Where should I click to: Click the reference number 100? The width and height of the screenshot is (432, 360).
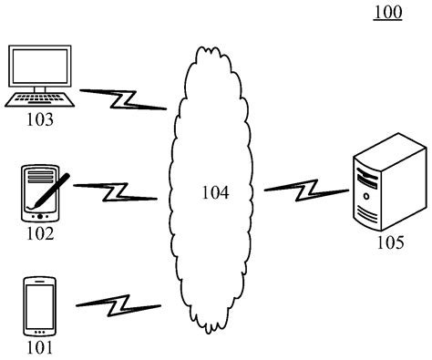(387, 14)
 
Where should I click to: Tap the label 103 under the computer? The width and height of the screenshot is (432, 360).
(39, 119)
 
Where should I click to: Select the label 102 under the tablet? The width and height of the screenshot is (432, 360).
(39, 233)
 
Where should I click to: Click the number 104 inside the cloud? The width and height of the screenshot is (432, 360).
(215, 192)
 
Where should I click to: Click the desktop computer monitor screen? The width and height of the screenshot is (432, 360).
(39, 66)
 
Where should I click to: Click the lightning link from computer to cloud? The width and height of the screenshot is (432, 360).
(122, 98)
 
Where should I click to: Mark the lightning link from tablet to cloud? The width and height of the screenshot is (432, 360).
(116, 191)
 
